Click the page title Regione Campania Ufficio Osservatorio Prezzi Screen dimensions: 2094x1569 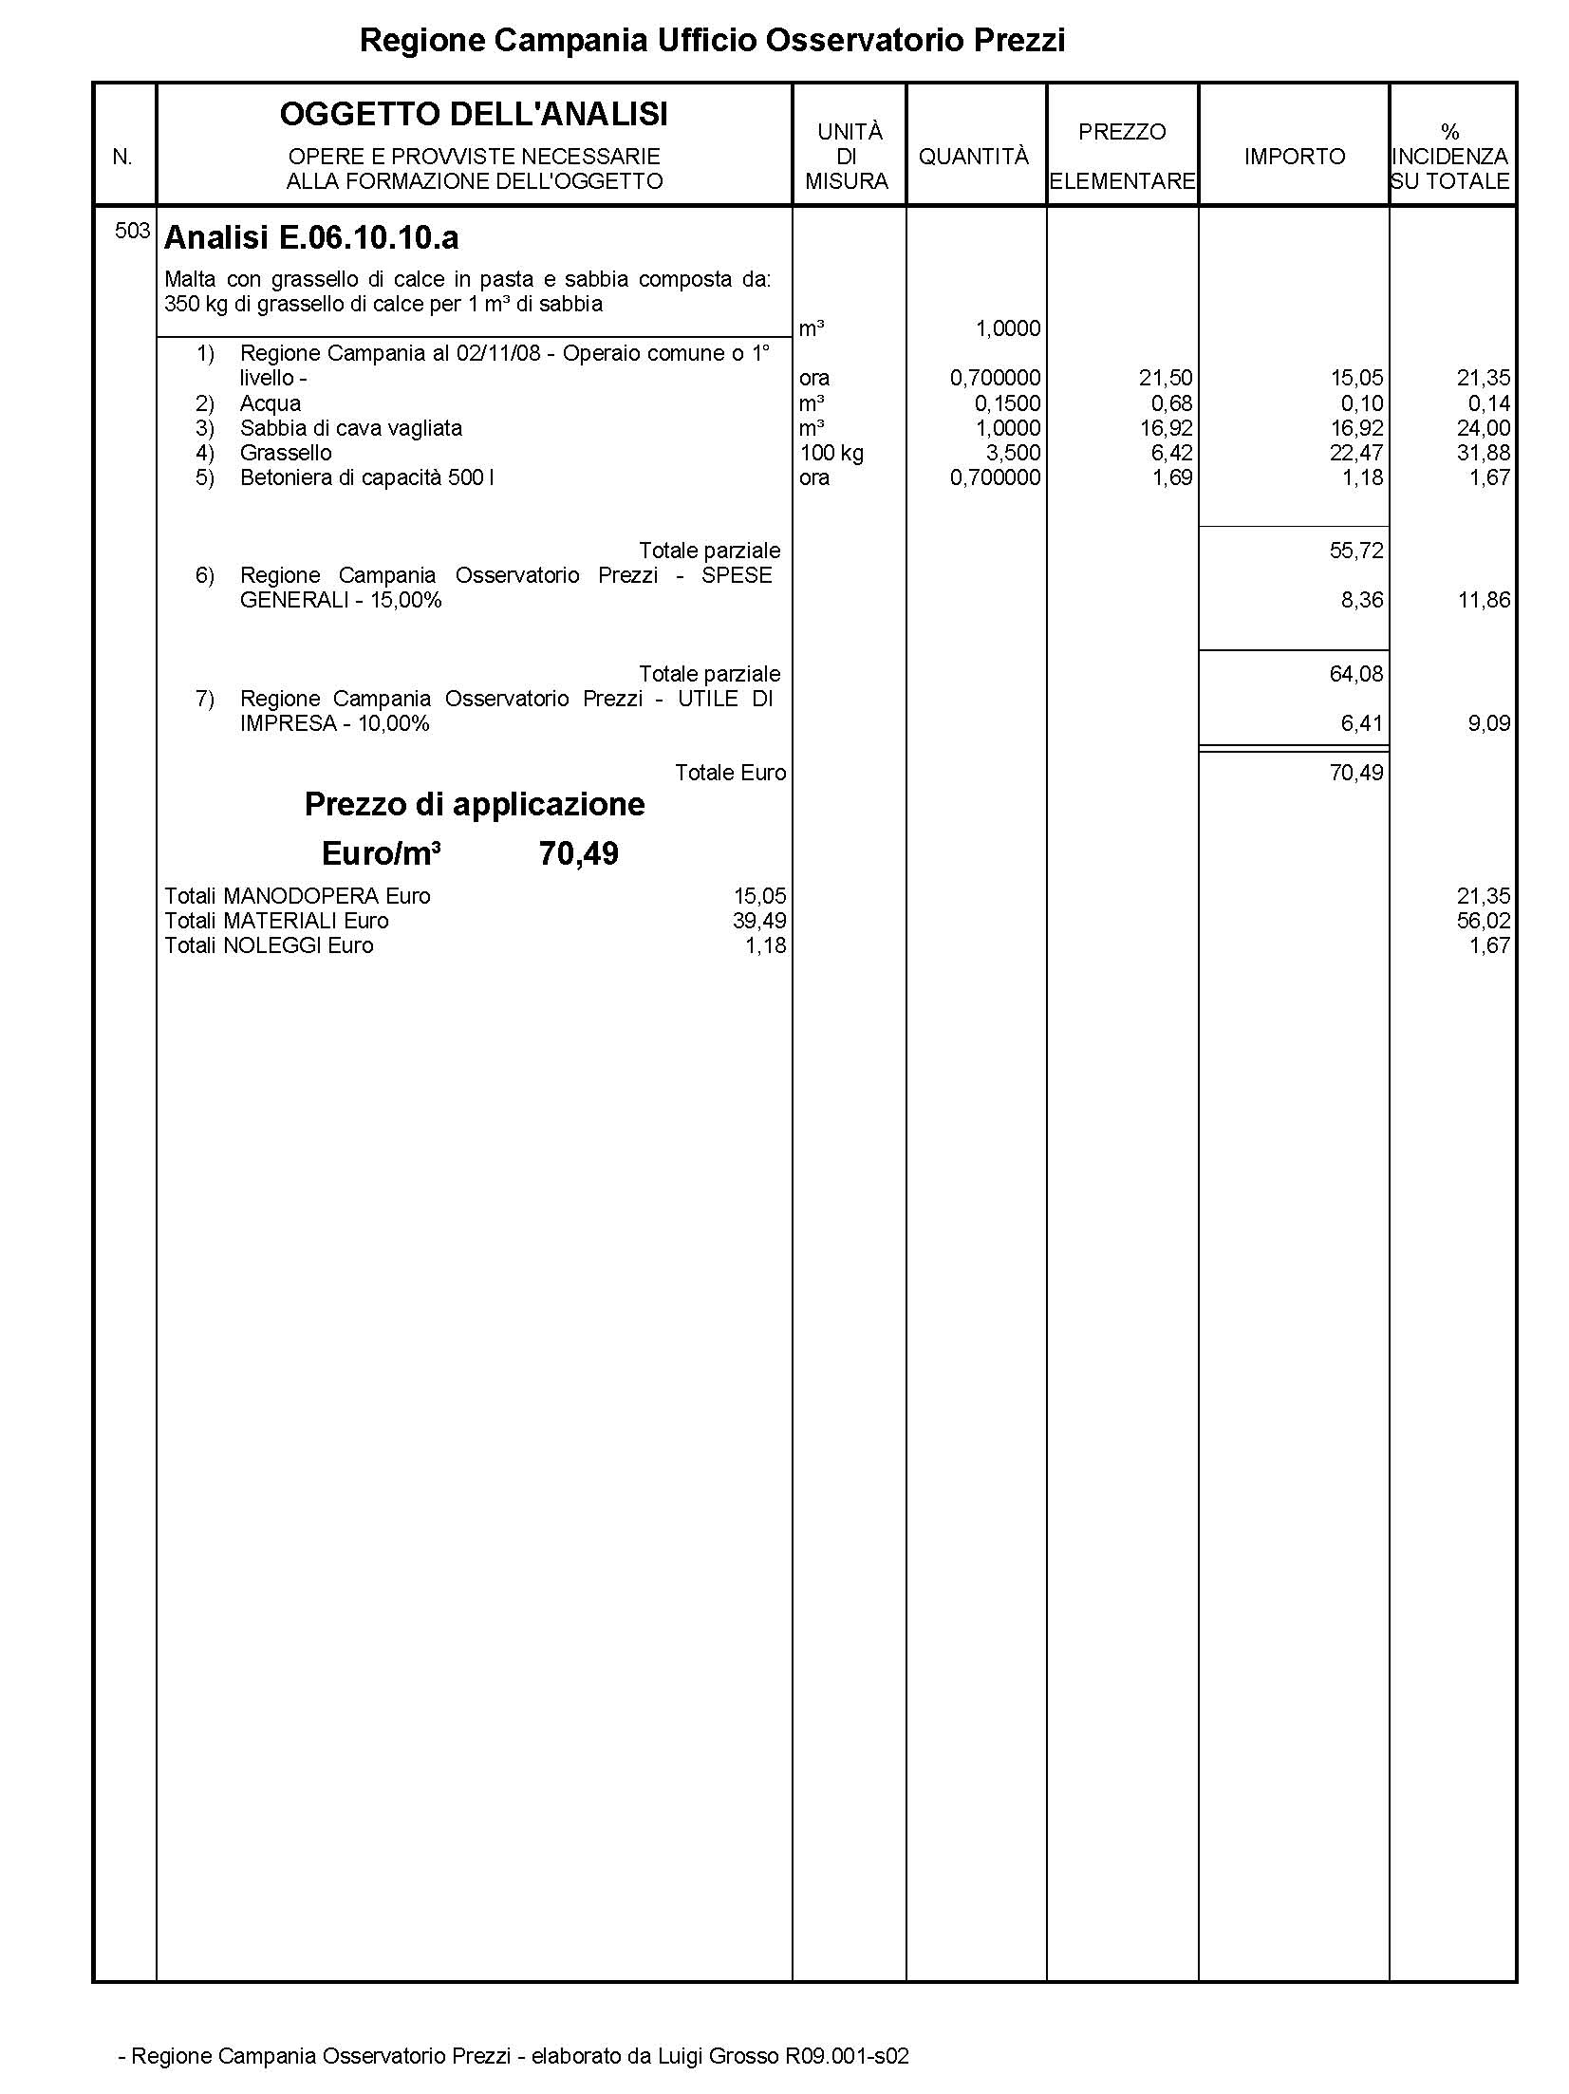(712, 41)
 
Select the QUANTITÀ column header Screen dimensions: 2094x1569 (973, 157)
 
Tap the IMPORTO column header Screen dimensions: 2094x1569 (1294, 157)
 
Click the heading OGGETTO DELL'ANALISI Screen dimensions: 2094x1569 (474, 115)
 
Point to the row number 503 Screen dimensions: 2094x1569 (132, 231)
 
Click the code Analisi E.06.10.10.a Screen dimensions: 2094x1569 (311, 238)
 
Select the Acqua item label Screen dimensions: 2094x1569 (271, 403)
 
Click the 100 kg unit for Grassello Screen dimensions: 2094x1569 (831, 453)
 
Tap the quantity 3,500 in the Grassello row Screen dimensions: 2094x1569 (1013, 453)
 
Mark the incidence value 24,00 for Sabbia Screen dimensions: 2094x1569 (1483, 428)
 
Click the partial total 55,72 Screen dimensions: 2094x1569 (1356, 551)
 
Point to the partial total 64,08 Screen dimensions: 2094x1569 (1356, 674)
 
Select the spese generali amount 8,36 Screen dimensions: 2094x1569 (1362, 600)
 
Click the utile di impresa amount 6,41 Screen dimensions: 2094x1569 (1362, 723)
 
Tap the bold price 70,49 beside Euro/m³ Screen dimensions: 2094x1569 (578, 853)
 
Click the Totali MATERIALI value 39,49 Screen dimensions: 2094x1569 (759, 921)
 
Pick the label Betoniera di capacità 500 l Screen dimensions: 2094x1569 (366, 477)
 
